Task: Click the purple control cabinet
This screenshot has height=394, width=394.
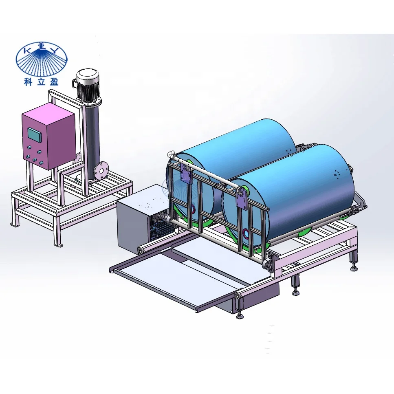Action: pyautogui.click(x=48, y=136)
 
